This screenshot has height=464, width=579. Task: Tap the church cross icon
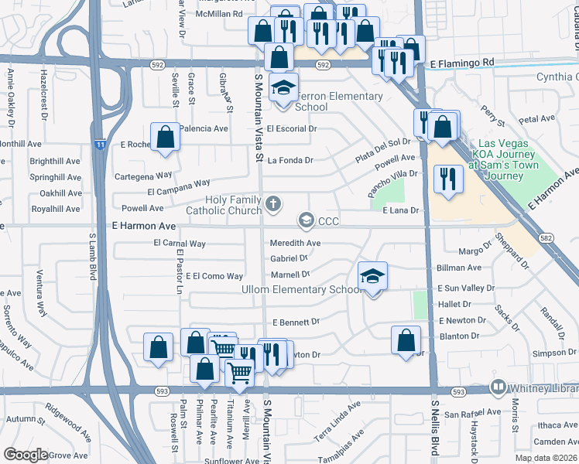pyautogui.click(x=272, y=203)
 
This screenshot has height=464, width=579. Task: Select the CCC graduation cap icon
pyautogui.click(x=307, y=221)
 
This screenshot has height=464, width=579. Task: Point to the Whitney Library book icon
pyautogui.click(x=498, y=387)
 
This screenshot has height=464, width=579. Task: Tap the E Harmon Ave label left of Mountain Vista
pyautogui.click(x=143, y=226)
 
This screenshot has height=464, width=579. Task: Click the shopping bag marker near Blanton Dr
pyautogui.click(x=406, y=339)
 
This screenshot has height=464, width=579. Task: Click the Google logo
pyautogui.click(x=26, y=455)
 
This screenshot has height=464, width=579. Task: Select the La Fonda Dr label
pyautogui.click(x=290, y=161)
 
